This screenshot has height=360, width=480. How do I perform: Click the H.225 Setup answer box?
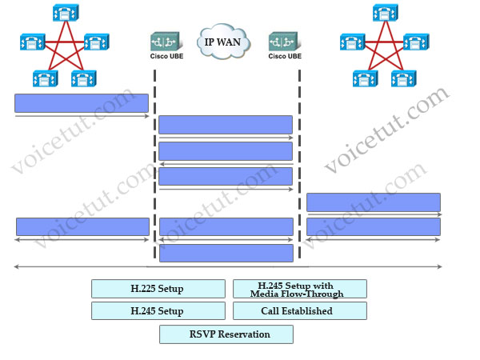[x=158, y=289]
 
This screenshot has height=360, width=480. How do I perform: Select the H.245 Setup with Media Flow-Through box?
[x=300, y=289]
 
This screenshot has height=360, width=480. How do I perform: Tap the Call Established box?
[x=300, y=310]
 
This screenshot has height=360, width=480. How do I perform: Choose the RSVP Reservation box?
[x=226, y=334]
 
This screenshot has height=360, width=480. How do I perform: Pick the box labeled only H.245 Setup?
[x=158, y=310]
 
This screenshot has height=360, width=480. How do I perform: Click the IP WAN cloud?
[x=223, y=41]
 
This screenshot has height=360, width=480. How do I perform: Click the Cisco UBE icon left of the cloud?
[x=166, y=42]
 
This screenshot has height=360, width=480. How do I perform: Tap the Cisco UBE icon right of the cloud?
[x=285, y=42]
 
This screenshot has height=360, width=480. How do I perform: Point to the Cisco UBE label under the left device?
[x=166, y=56]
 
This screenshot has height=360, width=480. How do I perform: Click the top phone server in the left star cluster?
[x=66, y=13]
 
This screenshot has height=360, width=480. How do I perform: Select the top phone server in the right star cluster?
[x=386, y=13]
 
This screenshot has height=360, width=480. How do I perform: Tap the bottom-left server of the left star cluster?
[x=46, y=78]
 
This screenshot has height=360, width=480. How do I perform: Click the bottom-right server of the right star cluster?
[x=404, y=78]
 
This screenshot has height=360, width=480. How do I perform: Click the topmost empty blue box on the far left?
[x=82, y=103]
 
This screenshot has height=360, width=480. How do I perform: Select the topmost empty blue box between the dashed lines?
[x=226, y=125]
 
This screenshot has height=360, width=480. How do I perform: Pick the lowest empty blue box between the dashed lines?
[x=226, y=253]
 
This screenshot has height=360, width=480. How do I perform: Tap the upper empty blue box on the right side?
[x=374, y=202]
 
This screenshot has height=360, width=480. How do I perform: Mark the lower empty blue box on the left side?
[x=82, y=227]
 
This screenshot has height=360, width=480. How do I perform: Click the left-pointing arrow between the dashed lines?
[x=226, y=164]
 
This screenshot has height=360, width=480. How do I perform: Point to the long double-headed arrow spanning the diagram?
[x=228, y=266]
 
